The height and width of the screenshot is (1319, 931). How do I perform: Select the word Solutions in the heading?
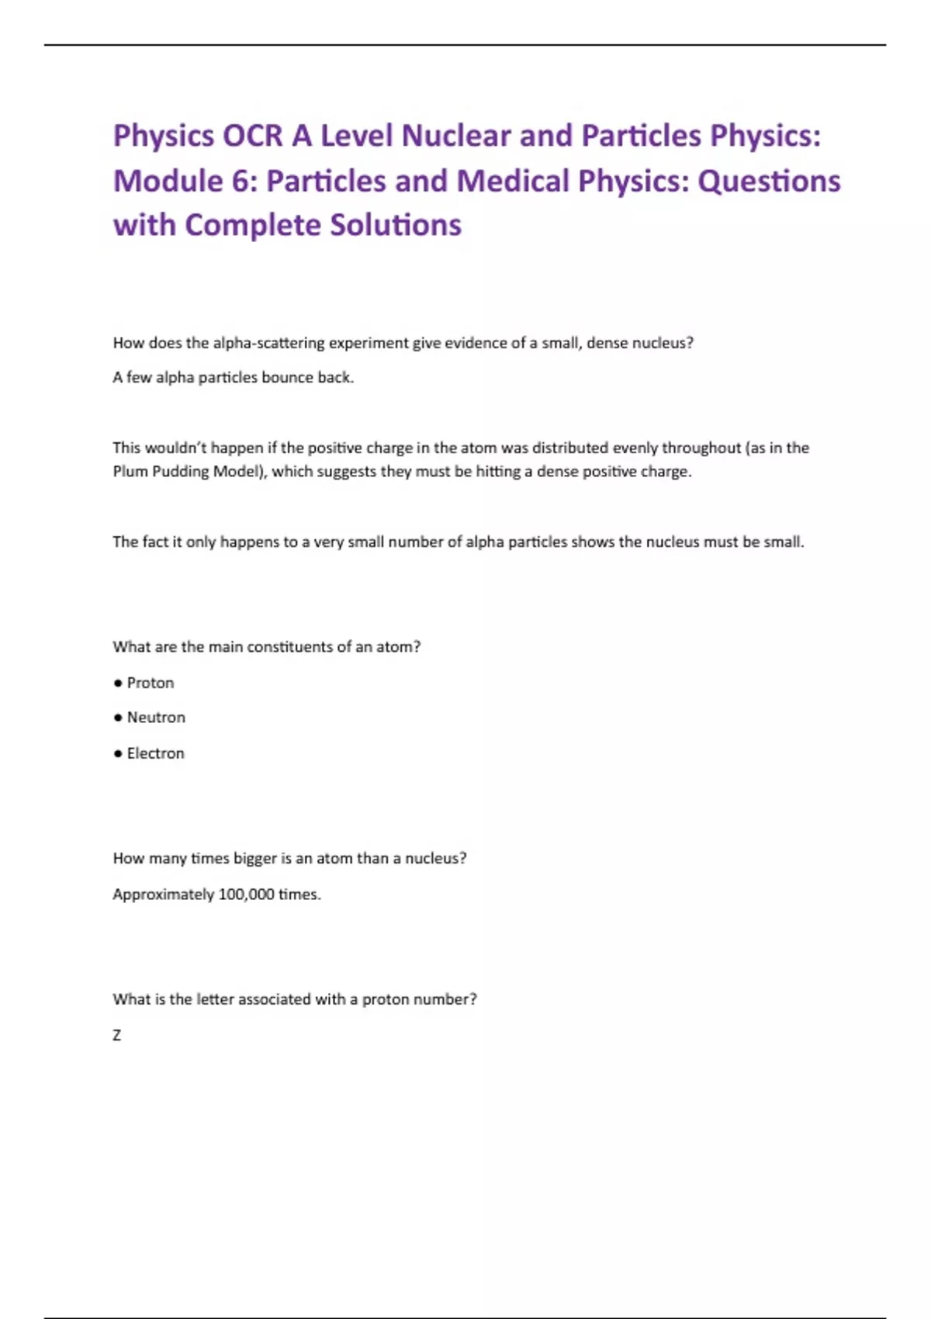coord(396,225)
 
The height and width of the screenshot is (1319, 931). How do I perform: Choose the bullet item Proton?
coord(151,683)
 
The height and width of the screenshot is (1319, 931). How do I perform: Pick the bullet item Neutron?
coord(156,718)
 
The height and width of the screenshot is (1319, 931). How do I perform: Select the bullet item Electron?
coord(156,753)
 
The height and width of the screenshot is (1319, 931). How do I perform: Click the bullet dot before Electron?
coord(118,753)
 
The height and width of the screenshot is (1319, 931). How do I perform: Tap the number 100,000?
coord(246,895)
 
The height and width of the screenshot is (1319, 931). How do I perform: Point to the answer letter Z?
coord(117,1035)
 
